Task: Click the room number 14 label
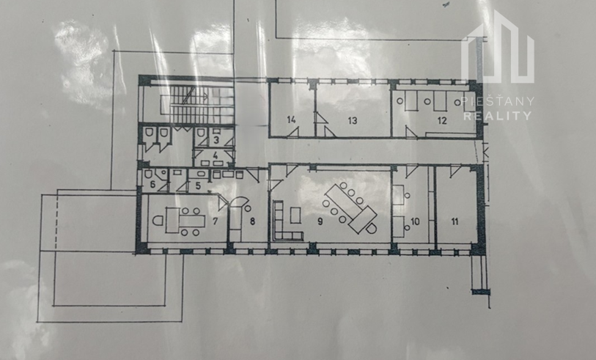pos(292,120)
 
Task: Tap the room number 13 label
pos(353,121)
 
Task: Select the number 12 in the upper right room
pos(442,121)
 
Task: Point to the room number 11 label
pos(455,221)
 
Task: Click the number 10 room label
pos(415,221)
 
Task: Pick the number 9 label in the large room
pos(320,221)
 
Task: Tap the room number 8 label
pos(252,221)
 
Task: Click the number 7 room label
pos(215,221)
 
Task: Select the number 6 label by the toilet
pos(152,185)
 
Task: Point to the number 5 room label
pos(198,186)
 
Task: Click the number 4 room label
pos(216,155)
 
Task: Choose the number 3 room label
pos(216,140)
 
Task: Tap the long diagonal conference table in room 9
pos(350,207)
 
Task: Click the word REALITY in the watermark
pos(497,116)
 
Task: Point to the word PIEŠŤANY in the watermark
pos(497,101)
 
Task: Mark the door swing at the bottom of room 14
pos(293,132)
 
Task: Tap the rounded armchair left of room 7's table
pos(158,221)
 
